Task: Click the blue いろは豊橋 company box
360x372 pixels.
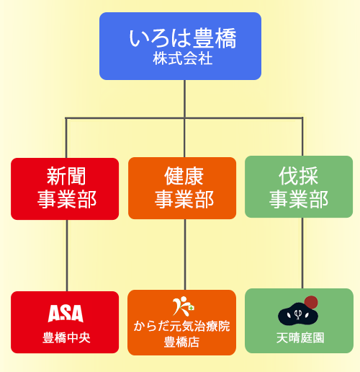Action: [180, 46]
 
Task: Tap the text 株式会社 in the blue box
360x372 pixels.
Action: [183, 58]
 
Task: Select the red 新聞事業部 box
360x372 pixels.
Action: [65, 189]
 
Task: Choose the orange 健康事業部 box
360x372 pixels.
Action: [182, 188]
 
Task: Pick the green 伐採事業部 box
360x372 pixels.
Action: [299, 187]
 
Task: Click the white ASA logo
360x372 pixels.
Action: [66, 314]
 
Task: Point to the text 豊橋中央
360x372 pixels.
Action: [66, 337]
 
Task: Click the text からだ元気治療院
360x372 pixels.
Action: [181, 327]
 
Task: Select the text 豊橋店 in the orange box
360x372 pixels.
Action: [181, 342]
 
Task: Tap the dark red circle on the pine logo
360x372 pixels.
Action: [311, 302]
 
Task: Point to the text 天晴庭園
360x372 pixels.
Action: [300, 338]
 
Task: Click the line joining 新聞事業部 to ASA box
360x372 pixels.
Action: [67, 256]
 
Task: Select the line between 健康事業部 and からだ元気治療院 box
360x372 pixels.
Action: [185, 254]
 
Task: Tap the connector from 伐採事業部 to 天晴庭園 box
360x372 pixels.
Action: [302, 253]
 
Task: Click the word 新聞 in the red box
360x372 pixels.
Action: [66, 177]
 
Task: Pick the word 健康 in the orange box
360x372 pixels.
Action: [184, 176]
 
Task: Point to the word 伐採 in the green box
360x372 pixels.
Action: [298, 176]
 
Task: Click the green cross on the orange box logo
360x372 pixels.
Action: [191, 308]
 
